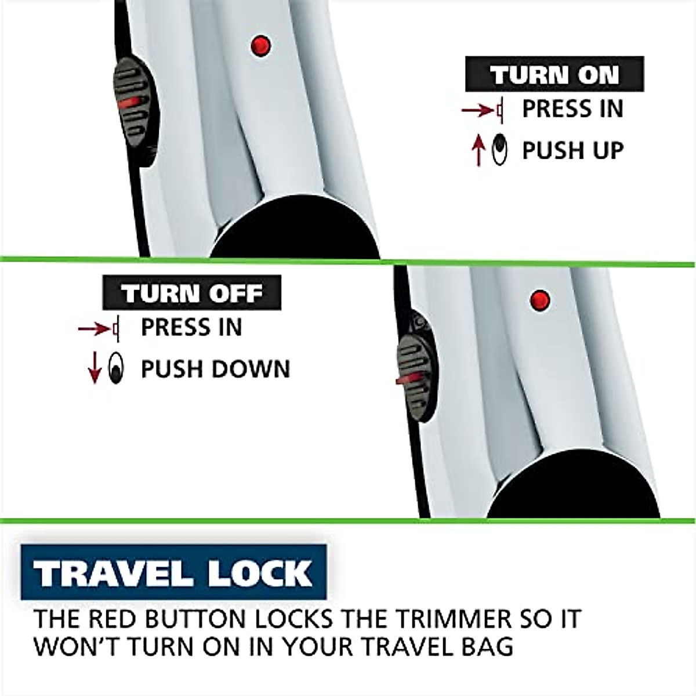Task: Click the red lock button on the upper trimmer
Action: [x=260, y=45]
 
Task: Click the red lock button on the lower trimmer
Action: [x=540, y=300]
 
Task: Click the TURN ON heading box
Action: [x=554, y=74]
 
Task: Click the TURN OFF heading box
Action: [x=192, y=293]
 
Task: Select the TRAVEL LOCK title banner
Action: [x=173, y=572]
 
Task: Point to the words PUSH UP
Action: [x=572, y=150]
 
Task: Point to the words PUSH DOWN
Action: [x=215, y=369]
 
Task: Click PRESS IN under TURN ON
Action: [x=572, y=109]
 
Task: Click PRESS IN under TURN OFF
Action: [x=191, y=328]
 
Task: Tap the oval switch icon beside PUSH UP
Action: [x=498, y=150]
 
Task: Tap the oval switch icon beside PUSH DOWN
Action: [x=116, y=369]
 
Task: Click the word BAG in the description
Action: [x=489, y=646]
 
